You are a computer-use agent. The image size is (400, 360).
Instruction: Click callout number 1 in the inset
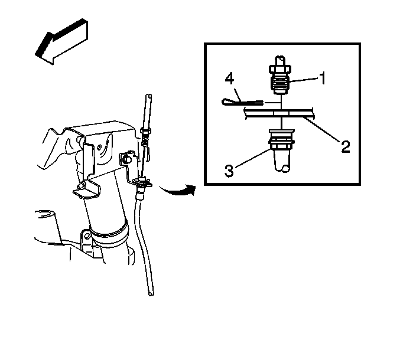coord(323,78)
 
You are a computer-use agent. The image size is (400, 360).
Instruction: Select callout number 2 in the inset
coord(346,146)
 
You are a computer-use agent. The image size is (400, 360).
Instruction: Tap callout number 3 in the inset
coord(229,171)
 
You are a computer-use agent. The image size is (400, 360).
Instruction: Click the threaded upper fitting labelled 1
coord(280,75)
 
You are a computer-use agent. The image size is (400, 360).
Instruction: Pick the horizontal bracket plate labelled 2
coord(279,113)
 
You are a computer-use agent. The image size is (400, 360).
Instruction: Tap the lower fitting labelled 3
coord(282,150)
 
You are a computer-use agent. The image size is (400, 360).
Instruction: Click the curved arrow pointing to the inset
coord(177,190)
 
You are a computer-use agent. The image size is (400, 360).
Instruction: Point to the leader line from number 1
coord(304,80)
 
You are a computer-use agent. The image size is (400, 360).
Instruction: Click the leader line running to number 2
coord(321,129)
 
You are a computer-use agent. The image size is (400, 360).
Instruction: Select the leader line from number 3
coord(252,159)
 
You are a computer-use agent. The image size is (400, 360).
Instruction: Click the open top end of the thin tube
coord(148,96)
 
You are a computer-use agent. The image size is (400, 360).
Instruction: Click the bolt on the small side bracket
coord(126,160)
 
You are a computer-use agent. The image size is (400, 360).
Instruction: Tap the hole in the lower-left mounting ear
coord(87,235)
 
